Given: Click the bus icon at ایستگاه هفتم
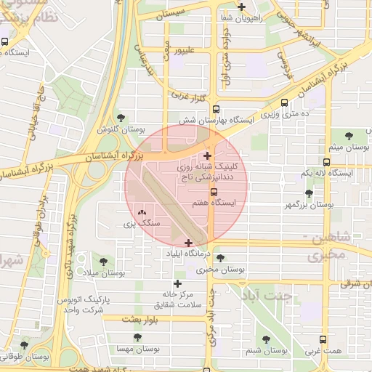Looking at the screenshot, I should (x=214, y=192).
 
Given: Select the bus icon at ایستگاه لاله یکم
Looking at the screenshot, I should (x=326, y=162).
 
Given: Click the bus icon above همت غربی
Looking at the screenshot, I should (x=324, y=339).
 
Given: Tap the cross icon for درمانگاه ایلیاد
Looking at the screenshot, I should (x=189, y=243).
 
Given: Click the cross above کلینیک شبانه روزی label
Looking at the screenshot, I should (x=208, y=155).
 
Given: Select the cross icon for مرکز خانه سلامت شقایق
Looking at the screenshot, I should (x=177, y=283).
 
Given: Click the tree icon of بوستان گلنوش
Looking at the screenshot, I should (x=121, y=117).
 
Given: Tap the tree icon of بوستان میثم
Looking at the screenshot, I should (x=349, y=136).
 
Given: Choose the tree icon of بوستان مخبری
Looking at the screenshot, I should (x=220, y=258).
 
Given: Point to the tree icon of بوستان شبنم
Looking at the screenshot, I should (x=264, y=339).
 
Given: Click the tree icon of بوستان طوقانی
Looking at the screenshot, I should (x=25, y=344).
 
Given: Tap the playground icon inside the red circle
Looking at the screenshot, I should (x=140, y=211).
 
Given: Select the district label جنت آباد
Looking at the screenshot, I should (x=268, y=296).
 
